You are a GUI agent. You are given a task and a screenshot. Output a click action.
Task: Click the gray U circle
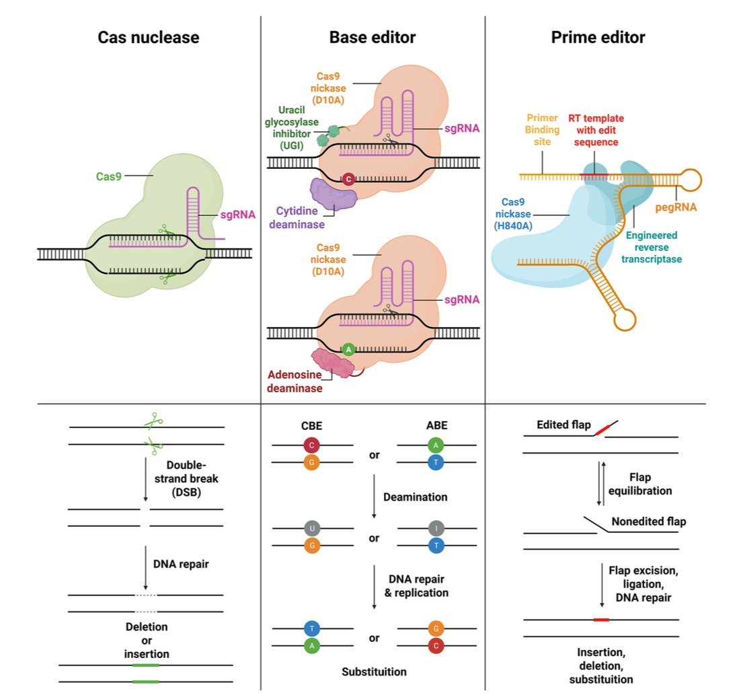click(312, 527)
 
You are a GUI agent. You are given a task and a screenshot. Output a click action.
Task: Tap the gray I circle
click(436, 527)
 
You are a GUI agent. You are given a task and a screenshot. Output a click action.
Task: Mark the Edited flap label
click(564, 425)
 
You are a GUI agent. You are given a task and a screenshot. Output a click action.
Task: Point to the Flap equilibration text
click(640, 484)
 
